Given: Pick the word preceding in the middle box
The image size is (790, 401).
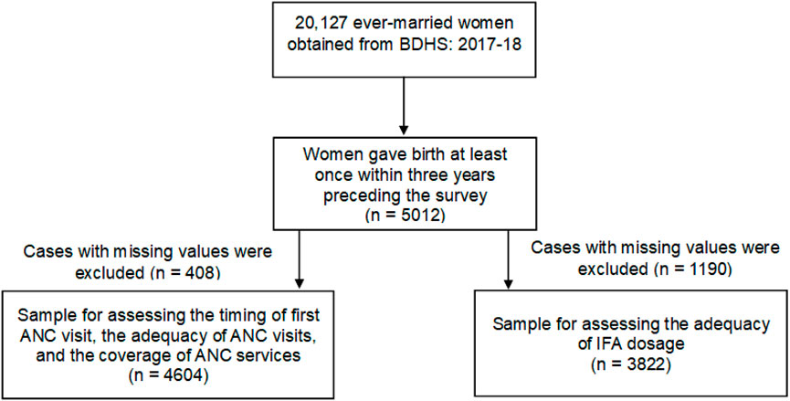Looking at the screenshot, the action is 358,195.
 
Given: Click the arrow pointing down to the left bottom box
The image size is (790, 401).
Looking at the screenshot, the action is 300,260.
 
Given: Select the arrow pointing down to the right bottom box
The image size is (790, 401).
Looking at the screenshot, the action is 507,260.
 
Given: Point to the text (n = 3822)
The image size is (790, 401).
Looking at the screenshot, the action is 632,364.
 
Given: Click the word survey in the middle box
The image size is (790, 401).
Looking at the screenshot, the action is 462,195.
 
